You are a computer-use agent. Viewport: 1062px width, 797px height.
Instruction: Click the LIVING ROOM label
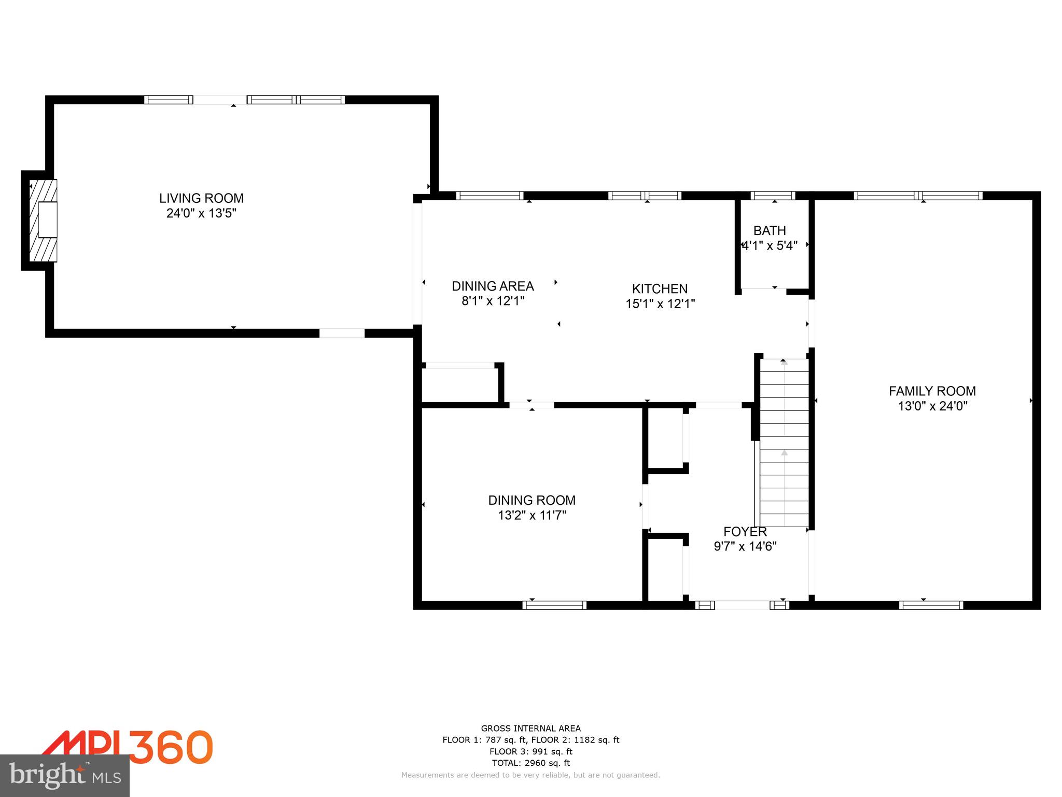click(x=201, y=198)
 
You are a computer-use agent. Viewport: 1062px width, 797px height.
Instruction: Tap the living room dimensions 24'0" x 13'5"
click(x=201, y=213)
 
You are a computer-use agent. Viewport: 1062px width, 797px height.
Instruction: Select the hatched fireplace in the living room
click(x=44, y=221)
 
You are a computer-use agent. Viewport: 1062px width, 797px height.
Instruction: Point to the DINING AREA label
click(x=493, y=286)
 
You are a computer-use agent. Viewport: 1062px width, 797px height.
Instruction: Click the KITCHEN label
click(x=660, y=288)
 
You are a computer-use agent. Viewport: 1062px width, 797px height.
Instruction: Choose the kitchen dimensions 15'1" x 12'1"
click(x=660, y=304)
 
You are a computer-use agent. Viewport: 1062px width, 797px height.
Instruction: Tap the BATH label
click(x=770, y=230)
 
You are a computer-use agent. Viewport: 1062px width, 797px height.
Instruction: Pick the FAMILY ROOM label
click(x=932, y=391)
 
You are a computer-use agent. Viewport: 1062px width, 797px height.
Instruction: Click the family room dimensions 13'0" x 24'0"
click(x=932, y=406)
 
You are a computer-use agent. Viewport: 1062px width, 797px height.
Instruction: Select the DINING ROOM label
click(x=532, y=500)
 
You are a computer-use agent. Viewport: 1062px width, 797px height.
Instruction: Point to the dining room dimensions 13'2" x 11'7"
click(x=532, y=515)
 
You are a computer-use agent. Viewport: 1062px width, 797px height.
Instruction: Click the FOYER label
click(x=745, y=531)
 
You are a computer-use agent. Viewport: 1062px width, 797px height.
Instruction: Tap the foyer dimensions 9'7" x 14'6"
click(x=745, y=546)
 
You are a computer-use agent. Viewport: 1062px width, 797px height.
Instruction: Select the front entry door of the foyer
click(x=742, y=605)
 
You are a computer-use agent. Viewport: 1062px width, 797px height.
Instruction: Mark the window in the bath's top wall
click(x=773, y=196)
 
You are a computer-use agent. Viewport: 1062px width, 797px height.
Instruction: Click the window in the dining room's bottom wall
click(x=554, y=605)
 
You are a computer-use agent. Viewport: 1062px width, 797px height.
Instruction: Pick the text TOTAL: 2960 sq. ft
click(x=530, y=763)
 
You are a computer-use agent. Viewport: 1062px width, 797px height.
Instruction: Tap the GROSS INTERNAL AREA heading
click(x=530, y=729)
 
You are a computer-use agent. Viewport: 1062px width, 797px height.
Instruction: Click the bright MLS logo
click(x=65, y=776)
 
